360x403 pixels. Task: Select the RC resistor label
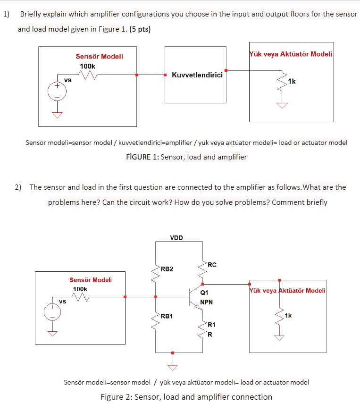(212, 265)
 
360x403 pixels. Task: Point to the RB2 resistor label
(167, 269)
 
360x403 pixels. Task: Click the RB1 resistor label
(167, 316)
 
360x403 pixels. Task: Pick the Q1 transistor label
(204, 293)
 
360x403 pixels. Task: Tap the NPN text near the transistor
(206, 302)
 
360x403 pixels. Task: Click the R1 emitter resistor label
(211, 325)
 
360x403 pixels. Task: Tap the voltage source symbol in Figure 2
(53, 311)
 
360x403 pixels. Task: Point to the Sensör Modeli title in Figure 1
(99, 56)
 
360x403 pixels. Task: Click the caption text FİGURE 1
(140, 157)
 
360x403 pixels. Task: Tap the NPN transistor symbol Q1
(194, 297)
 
